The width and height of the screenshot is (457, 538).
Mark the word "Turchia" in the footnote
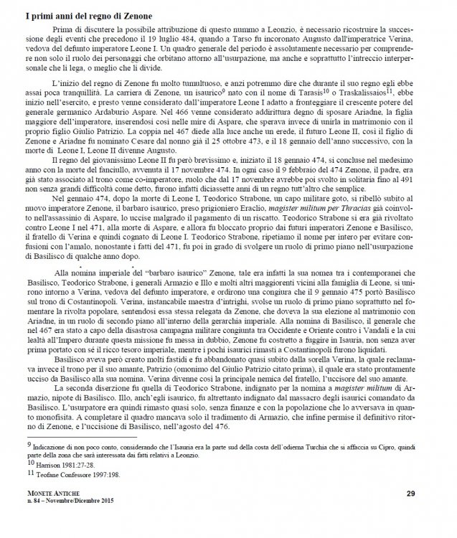[293, 447]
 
